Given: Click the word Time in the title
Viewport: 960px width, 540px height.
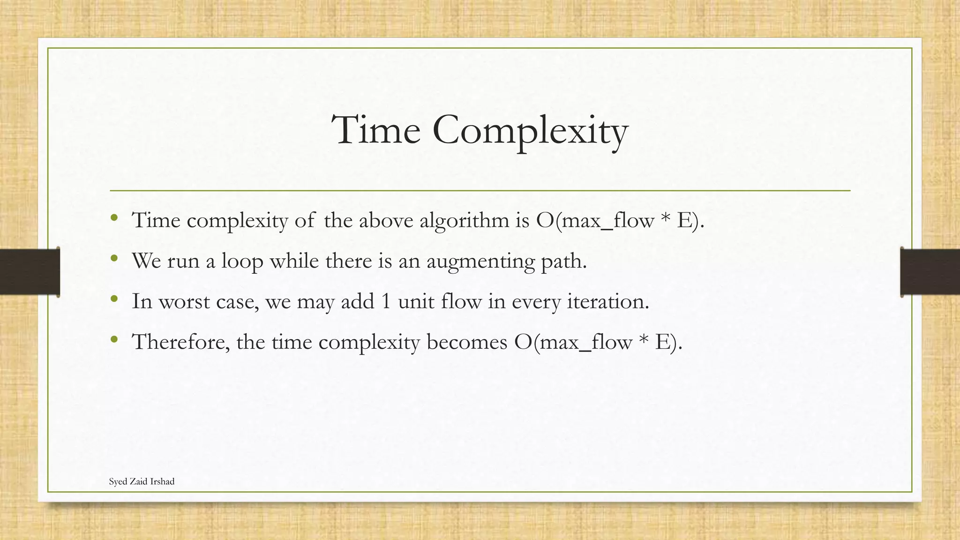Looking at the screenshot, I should click(375, 130).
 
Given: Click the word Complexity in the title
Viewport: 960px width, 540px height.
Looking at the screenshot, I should click(530, 131).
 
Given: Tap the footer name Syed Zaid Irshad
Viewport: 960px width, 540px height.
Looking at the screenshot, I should click(142, 481).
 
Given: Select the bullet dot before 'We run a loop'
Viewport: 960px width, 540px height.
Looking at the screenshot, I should click(114, 258).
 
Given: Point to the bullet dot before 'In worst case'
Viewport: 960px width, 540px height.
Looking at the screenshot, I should click(114, 298).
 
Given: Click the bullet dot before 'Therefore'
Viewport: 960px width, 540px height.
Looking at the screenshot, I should click(114, 338).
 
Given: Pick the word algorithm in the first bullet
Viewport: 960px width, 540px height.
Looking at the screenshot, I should click(464, 220).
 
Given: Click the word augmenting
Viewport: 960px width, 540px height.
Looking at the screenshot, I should click(480, 262).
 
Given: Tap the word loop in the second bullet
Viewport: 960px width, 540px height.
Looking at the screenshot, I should click(242, 262).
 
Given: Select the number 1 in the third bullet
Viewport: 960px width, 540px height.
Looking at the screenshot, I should click(386, 301).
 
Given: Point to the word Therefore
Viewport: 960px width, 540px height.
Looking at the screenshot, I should click(181, 342).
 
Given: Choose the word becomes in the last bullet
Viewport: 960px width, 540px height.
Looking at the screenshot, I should click(467, 342).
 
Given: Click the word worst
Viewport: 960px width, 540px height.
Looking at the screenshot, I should click(184, 301).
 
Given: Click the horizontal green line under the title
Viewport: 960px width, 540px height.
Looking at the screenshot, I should click(480, 191).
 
